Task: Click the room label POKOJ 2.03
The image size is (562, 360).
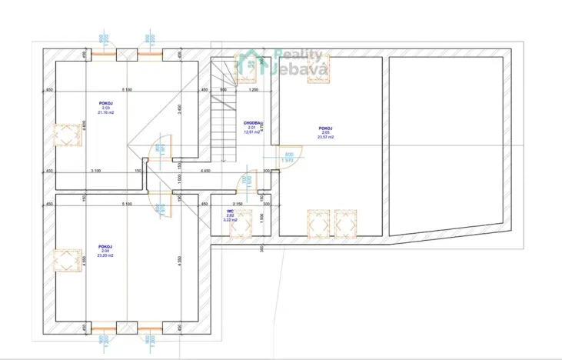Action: tap(105, 102)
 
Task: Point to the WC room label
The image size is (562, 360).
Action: tap(230, 210)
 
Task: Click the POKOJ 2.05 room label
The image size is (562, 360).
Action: tap(325, 128)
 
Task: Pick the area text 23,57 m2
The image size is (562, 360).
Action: tap(325, 138)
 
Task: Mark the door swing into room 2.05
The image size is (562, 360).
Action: tap(288, 157)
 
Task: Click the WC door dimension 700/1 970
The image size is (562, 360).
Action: tap(244, 182)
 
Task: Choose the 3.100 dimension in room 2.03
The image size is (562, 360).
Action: tap(95, 169)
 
